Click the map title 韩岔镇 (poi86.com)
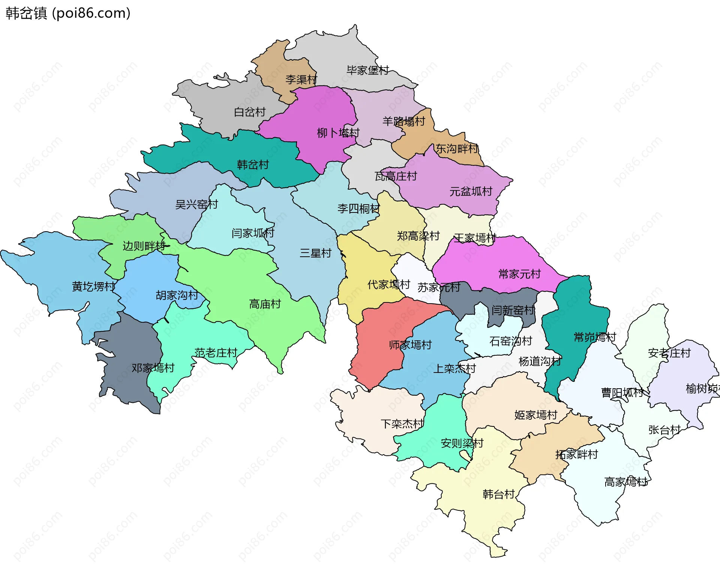pyautogui.click(x=68, y=13)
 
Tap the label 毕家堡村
pyautogui.click(x=367, y=70)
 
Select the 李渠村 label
pyautogui.click(x=301, y=79)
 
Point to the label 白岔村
pyautogui.click(x=250, y=112)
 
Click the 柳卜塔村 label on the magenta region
pyautogui.click(x=338, y=133)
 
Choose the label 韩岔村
pyautogui.click(x=253, y=165)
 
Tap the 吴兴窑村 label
pyautogui.click(x=196, y=204)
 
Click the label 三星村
pyautogui.click(x=315, y=253)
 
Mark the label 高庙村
pyautogui.click(x=265, y=304)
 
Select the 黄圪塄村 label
pyautogui.click(x=93, y=286)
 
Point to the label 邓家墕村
pyautogui.click(x=153, y=368)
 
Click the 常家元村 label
pyautogui.click(x=519, y=274)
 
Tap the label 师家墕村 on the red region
pyautogui.click(x=410, y=345)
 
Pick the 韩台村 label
pyautogui.click(x=498, y=494)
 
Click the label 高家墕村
pyautogui.click(x=626, y=482)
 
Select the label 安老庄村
pyautogui.click(x=669, y=353)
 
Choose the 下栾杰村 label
pyautogui.click(x=402, y=424)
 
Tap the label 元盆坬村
pyautogui.click(x=471, y=192)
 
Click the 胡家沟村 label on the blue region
pyautogui.click(x=177, y=295)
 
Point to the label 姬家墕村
pyautogui.click(x=535, y=415)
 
